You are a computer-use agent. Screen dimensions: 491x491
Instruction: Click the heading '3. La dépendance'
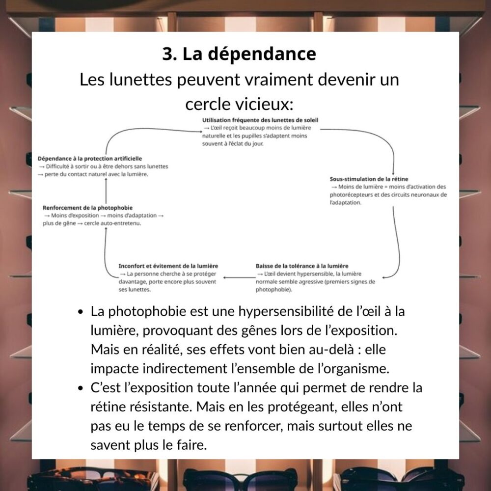click(x=239, y=54)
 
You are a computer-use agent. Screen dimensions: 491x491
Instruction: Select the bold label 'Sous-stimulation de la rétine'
click(x=369, y=179)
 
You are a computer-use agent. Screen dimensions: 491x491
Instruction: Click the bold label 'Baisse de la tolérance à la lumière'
click(x=302, y=266)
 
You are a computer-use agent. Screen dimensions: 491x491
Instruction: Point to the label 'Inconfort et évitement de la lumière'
click(x=168, y=266)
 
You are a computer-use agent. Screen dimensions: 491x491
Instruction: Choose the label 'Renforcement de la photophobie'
click(x=87, y=208)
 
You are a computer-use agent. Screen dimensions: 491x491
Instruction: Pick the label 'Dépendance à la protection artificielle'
click(x=90, y=159)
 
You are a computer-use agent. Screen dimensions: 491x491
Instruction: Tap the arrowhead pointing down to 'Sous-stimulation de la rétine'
click(x=393, y=167)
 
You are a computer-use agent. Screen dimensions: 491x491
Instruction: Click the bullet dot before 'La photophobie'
click(x=80, y=312)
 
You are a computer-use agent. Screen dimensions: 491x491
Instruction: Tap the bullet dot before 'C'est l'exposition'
click(x=80, y=388)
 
